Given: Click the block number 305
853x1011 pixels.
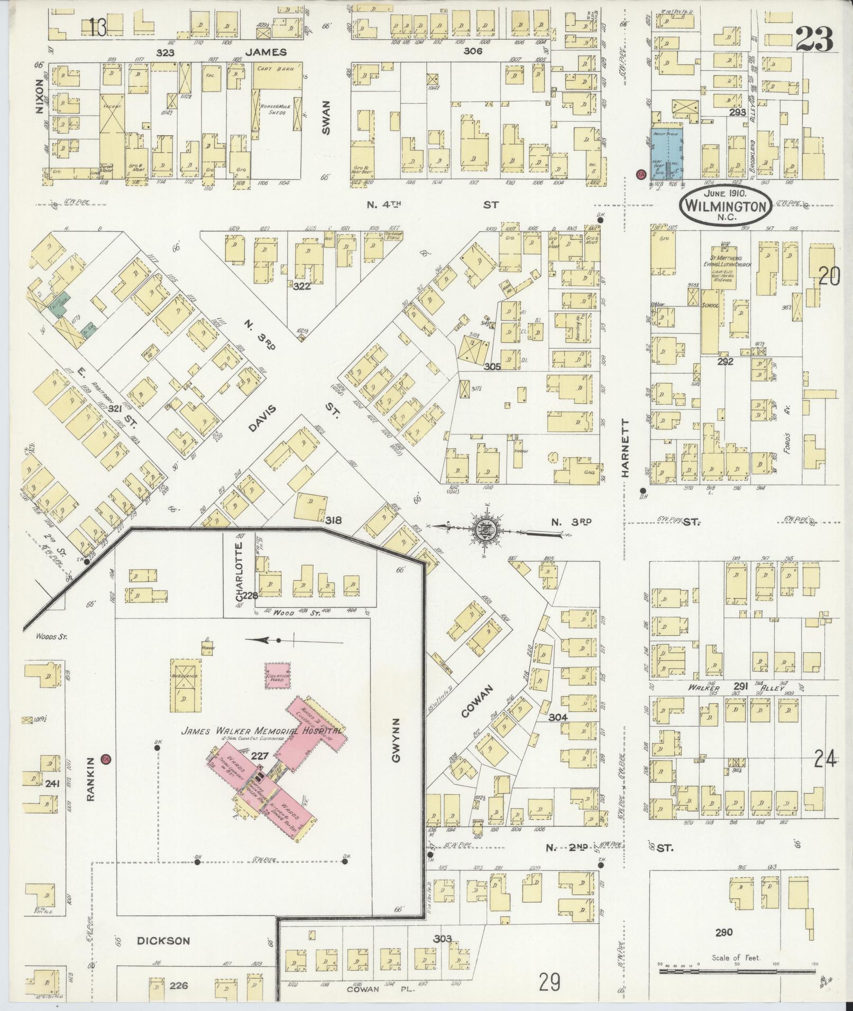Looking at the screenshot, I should click(x=491, y=365).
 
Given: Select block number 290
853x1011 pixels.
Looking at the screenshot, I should click(x=723, y=932).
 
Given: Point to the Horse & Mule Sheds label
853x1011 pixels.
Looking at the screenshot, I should click(x=273, y=109).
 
